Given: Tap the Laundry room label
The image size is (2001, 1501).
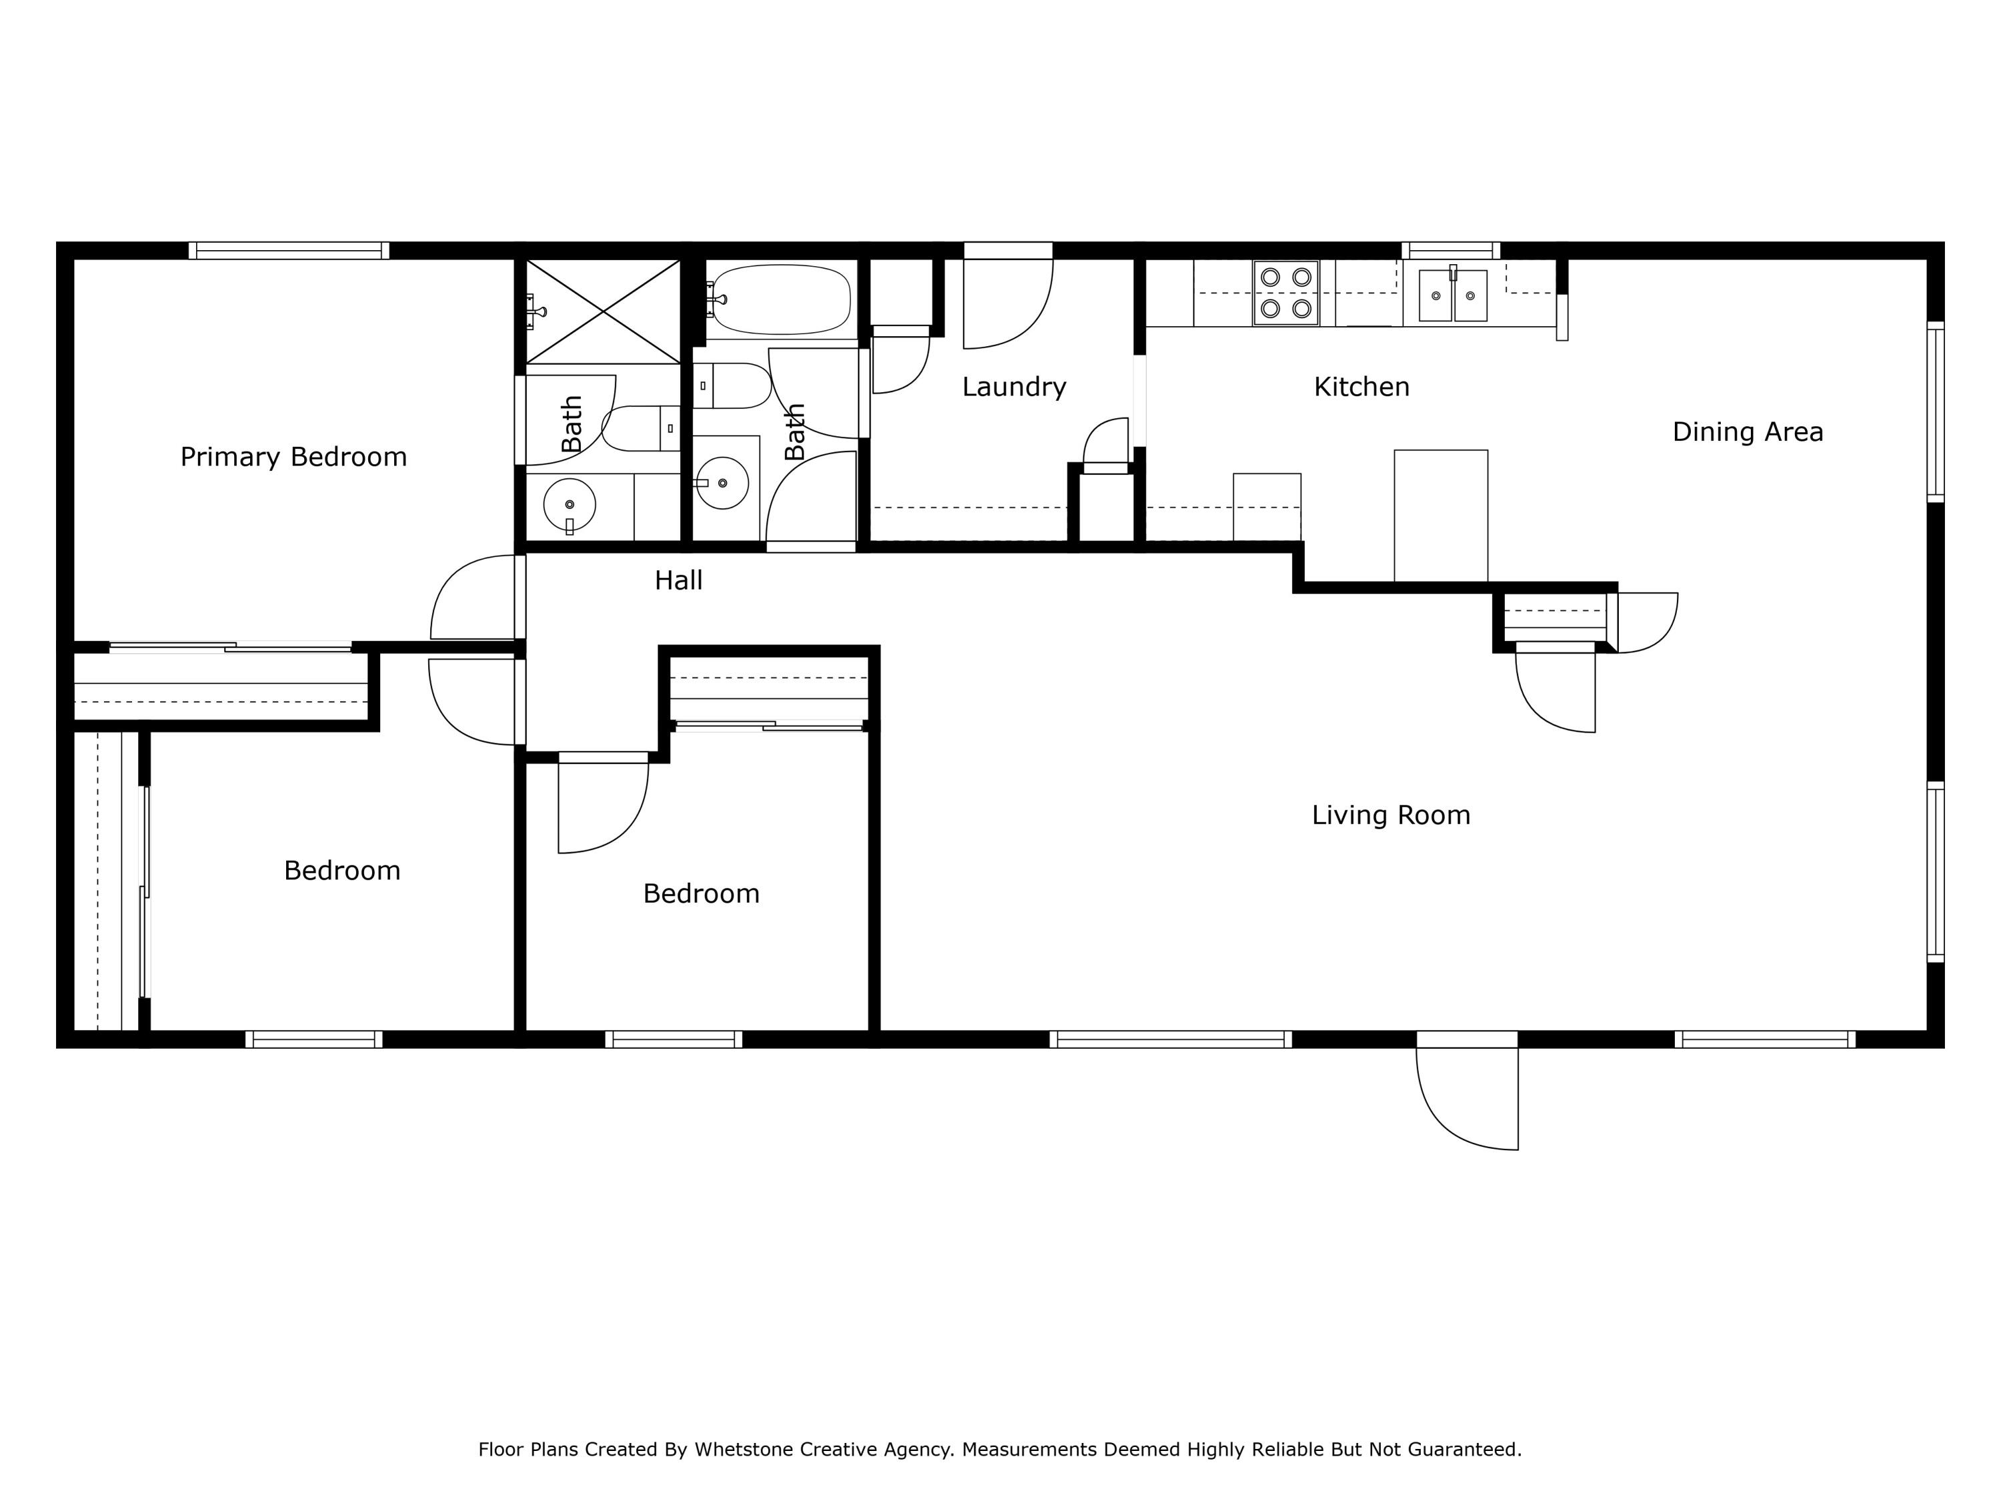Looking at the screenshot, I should [x=1013, y=387].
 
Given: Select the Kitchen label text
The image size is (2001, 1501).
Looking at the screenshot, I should [x=1361, y=387].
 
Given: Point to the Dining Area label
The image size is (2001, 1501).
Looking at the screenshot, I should [x=1747, y=432].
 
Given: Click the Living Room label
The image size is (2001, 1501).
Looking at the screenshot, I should [x=1391, y=815].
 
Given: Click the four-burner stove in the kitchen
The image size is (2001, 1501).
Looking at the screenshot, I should [x=1285, y=293].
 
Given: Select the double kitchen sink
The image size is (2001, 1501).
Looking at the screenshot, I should [x=1452, y=295].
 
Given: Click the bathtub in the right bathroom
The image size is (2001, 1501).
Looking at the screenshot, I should [x=782, y=300].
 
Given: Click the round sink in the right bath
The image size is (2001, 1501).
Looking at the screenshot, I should [x=723, y=483].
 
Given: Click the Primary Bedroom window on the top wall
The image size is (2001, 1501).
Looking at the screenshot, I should [x=289, y=251].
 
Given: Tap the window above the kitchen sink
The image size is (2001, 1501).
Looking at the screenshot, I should [x=1450, y=251].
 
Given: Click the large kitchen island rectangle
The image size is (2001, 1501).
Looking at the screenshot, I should [x=1440, y=516].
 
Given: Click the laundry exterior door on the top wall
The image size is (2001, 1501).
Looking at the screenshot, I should [x=1008, y=251].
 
